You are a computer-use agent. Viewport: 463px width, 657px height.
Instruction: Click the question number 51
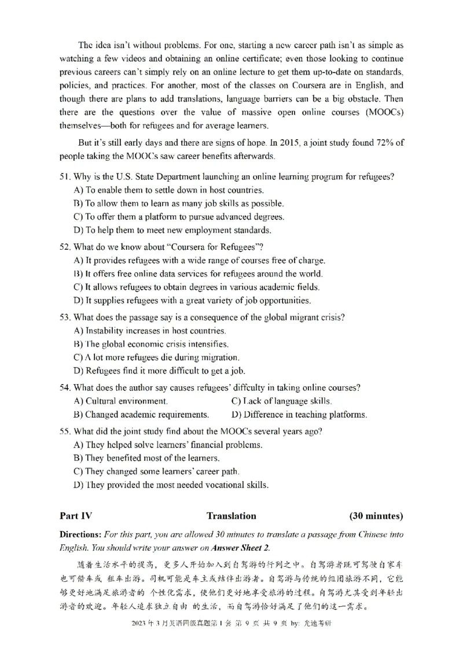pyautogui.click(x=65, y=176)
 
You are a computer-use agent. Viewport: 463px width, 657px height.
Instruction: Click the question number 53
pyautogui.click(x=65, y=317)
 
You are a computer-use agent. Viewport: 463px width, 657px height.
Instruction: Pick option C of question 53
pyautogui.click(x=156, y=357)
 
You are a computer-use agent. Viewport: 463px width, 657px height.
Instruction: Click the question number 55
pyautogui.click(x=65, y=431)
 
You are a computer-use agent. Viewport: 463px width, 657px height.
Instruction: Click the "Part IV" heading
pyautogui.click(x=75, y=516)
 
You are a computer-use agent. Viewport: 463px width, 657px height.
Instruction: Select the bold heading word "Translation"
pyautogui.click(x=231, y=516)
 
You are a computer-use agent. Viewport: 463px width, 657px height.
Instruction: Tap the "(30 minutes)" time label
pyautogui.click(x=376, y=516)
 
